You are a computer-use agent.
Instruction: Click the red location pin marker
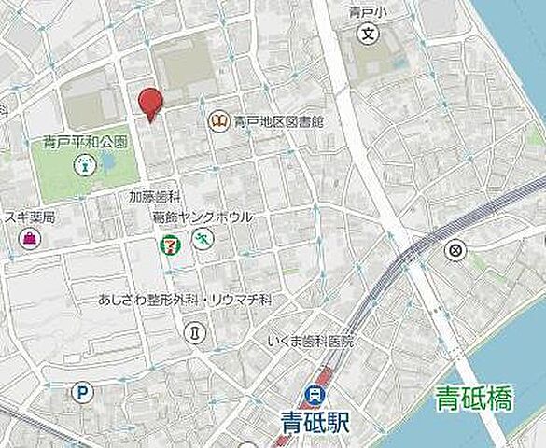point(149,103)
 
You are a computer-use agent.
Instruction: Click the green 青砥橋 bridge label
point(474,402)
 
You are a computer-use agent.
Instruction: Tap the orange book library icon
point(219,120)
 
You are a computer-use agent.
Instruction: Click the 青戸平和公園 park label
point(85,143)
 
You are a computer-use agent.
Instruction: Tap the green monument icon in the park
point(85,166)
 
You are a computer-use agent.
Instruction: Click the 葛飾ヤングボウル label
point(203,217)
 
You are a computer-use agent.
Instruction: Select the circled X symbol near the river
point(455,249)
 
